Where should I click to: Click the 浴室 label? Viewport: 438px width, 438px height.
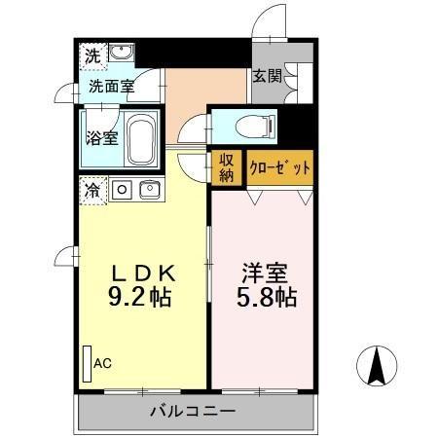pos(101,137)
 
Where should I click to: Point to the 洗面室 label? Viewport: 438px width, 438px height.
pos(111,86)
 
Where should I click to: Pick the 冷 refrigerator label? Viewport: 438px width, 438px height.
pos(91,189)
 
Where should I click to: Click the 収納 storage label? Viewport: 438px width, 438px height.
pos(226,167)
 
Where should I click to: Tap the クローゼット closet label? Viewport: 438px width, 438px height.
pos(280,167)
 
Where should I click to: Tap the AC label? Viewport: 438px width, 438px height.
pos(102,363)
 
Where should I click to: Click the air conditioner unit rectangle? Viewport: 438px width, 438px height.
pos(87,364)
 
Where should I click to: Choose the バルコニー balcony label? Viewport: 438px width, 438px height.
pos(192,412)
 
